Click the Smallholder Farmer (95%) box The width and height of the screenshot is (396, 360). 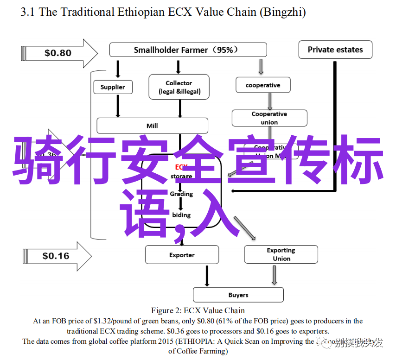click(188, 50)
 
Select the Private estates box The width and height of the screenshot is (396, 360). click(335, 50)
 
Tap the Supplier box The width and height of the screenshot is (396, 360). click(113, 87)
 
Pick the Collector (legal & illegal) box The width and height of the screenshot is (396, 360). click(179, 87)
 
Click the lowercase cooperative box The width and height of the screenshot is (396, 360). click(263, 85)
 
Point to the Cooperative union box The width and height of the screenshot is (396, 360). click(269, 118)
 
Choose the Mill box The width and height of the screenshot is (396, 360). click(152, 126)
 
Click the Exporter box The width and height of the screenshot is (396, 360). click(182, 255)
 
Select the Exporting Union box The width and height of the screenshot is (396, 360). click(281, 254)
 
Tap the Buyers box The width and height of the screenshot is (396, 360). click(238, 295)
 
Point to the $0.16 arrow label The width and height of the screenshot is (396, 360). click(56, 256)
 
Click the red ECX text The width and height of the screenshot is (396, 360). click(181, 167)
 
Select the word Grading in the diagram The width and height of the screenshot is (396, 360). click(181, 194)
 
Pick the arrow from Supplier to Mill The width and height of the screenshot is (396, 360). click(118, 107)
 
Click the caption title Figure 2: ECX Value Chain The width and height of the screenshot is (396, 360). click(198, 310)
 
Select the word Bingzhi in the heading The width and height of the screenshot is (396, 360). click(284, 13)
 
